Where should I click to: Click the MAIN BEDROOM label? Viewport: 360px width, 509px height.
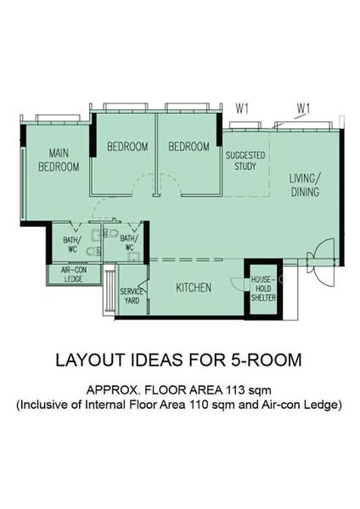coord(59,160)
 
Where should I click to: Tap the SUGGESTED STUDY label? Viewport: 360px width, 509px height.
coord(245,160)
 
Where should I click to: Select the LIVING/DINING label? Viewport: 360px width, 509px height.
coord(305,185)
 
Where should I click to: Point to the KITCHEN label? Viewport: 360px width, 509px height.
coord(194,288)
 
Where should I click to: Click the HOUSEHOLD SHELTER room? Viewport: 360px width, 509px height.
coord(263,289)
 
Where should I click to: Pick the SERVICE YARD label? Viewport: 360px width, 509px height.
coord(132,296)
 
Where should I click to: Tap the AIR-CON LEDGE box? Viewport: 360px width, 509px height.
coord(73,274)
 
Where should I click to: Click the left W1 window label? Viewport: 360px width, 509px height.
coord(242,109)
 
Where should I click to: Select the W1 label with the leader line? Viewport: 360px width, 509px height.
coord(303,109)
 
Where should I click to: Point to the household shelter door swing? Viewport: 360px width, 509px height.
coord(238,283)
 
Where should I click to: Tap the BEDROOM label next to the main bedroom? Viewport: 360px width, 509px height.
coord(127,147)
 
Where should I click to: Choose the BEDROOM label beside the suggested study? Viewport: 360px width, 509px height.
coord(188,147)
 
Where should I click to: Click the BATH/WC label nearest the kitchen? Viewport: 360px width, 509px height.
coord(129,243)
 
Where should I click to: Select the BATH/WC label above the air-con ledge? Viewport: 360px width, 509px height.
coord(72,244)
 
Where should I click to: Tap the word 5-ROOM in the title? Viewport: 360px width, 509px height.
coord(267,360)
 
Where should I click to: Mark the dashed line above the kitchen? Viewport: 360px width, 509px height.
coord(186,260)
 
